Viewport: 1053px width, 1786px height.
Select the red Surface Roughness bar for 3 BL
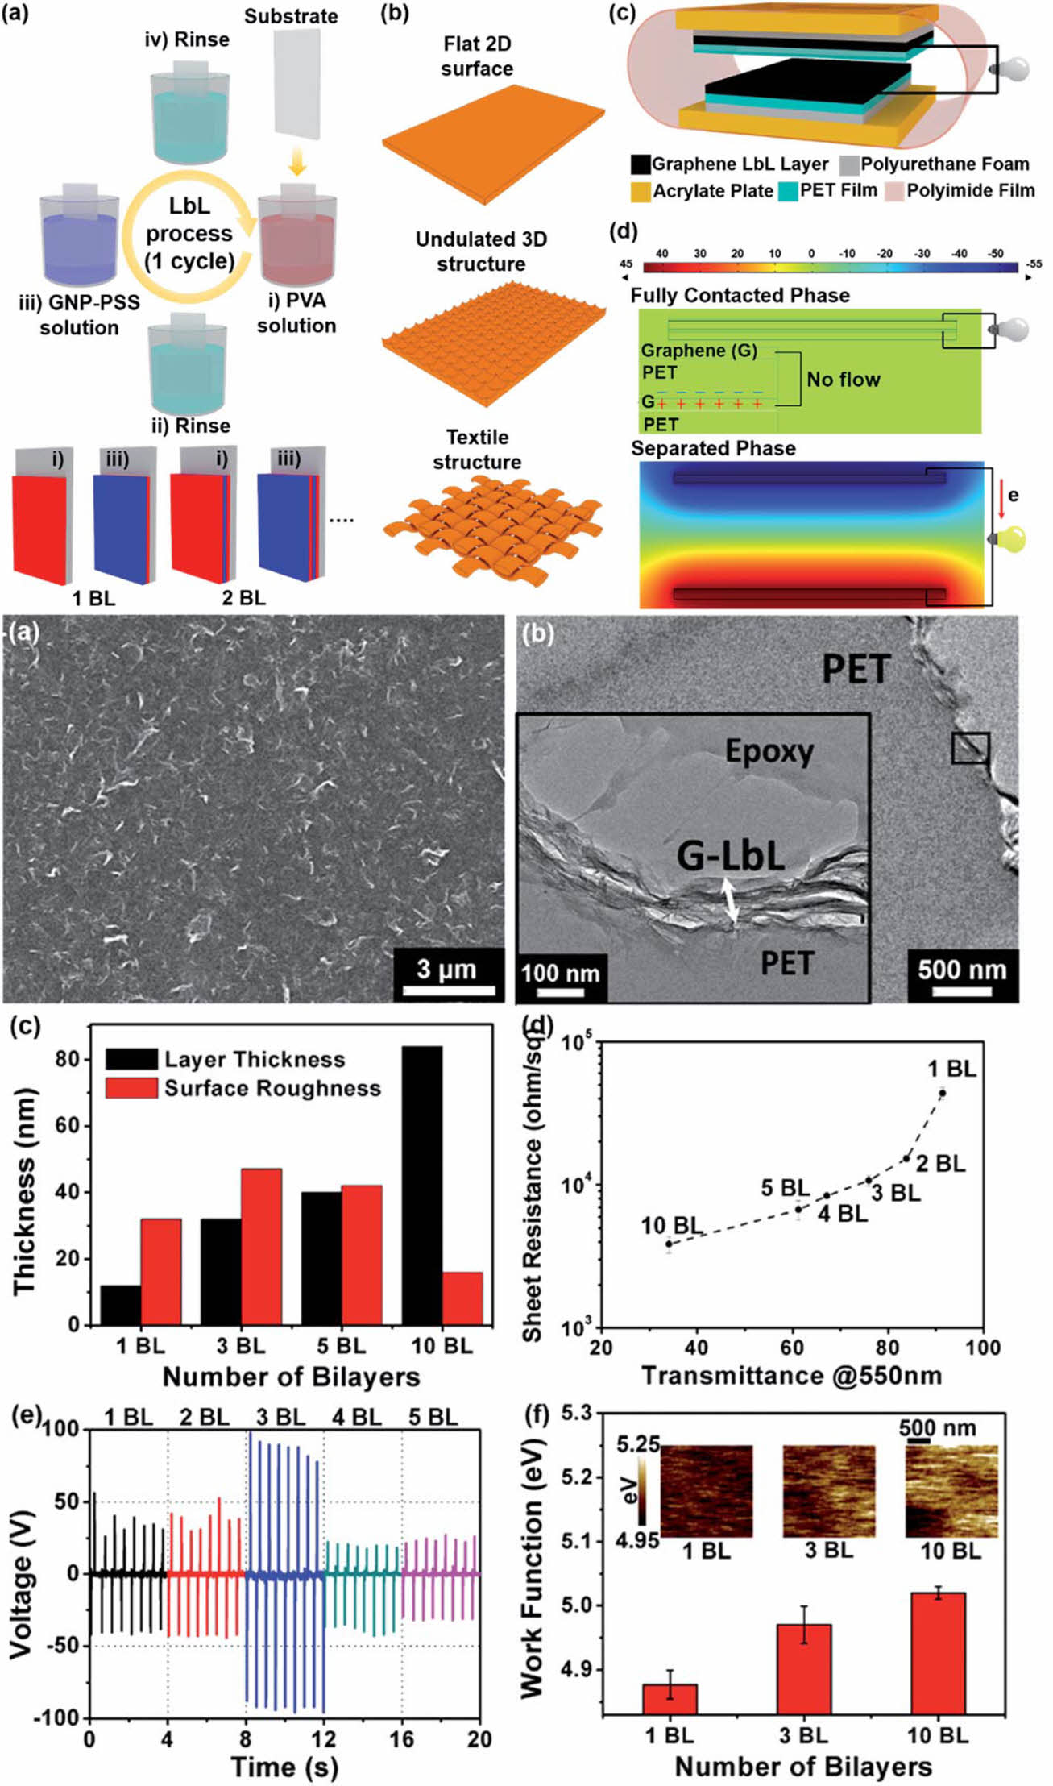pos(261,1246)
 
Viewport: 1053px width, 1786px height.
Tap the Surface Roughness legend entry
pos(272,1088)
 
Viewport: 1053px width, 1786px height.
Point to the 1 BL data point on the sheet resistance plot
pos(942,1094)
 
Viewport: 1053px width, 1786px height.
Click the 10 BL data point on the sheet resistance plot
pos(669,1244)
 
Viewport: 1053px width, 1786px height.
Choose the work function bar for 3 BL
pos(804,1668)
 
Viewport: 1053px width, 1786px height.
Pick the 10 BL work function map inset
pos(951,1489)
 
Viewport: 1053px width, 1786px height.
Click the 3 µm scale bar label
pos(446,969)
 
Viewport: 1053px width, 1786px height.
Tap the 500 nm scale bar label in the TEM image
pos(962,970)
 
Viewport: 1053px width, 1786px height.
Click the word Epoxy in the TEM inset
pos(769,751)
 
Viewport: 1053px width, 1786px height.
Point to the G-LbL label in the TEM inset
pos(730,856)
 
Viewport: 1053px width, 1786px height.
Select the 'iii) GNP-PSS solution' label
pos(79,315)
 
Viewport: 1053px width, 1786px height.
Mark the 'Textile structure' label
pos(477,450)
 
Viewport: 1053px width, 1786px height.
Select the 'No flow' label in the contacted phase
pos(843,379)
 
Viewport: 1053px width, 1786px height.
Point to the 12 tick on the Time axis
pos(324,1738)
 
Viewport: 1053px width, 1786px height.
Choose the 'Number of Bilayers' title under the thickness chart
pos(291,1377)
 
